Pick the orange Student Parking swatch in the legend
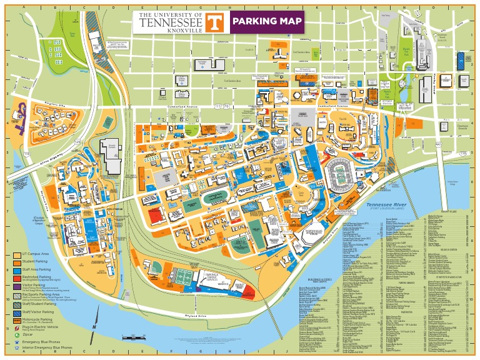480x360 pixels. (17, 263)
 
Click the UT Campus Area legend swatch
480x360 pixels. (17, 255)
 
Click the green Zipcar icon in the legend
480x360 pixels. (17, 335)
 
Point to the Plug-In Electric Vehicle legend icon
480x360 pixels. (17, 327)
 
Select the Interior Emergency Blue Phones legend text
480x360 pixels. (46, 349)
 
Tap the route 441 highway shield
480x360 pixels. (438, 144)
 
